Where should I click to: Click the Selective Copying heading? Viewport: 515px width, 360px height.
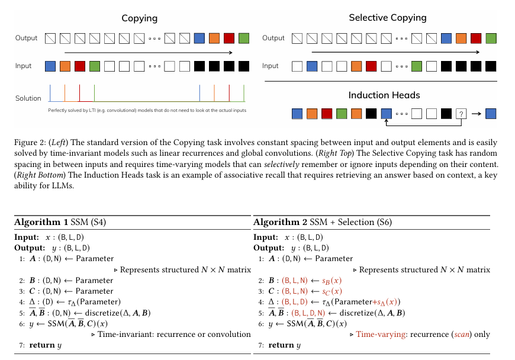tap(388, 17)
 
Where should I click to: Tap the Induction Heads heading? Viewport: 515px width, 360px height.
tap(388, 95)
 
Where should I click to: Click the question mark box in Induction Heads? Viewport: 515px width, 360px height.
tap(462, 113)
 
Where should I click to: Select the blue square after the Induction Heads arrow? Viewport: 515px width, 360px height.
tap(490, 113)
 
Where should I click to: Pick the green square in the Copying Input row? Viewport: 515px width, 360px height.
tap(95, 66)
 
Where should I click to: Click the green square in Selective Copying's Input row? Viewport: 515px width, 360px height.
tap(418, 66)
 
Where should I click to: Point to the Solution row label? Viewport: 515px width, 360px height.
tap(28, 98)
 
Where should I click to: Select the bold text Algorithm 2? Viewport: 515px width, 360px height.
tap(279, 223)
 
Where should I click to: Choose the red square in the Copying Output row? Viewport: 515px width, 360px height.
tap(229, 39)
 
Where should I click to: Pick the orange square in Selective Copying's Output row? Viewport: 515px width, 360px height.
tap(461, 39)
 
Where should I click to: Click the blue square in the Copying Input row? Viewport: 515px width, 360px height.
tap(51, 66)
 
